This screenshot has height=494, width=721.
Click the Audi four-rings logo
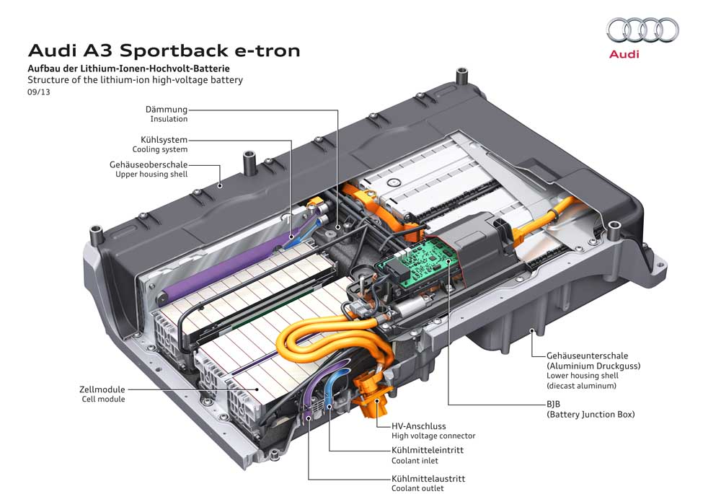[642, 30]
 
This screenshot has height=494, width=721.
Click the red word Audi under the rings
[624, 55]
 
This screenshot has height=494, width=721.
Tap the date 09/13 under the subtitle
[39, 92]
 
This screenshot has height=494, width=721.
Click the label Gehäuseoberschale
[149, 164]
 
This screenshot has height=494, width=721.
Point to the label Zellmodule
[102, 389]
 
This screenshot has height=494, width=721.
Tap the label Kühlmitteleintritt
[427, 450]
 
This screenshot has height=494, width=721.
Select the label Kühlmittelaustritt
[428, 478]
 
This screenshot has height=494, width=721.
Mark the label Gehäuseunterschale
[587, 356]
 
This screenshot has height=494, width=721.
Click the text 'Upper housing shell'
[151, 175]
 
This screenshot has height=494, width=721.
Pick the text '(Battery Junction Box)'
[590, 415]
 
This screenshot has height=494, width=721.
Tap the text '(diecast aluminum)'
[582, 386]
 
